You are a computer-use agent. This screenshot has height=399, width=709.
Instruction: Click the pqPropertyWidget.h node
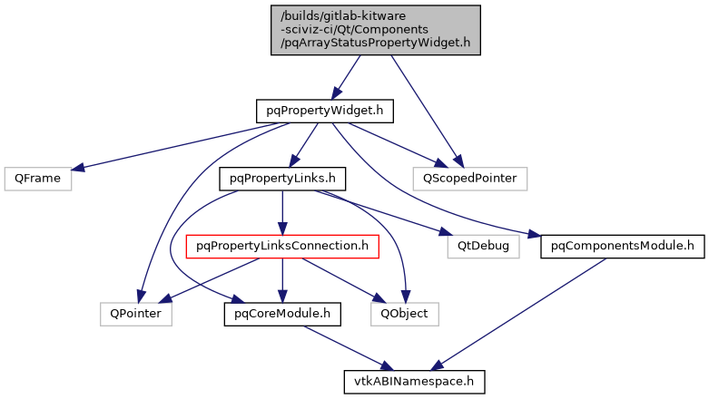(324, 112)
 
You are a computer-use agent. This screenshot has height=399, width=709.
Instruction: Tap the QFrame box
(37, 179)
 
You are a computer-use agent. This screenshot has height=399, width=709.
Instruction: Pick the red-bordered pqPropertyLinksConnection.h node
(281, 246)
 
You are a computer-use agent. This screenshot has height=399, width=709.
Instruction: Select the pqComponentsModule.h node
(617, 246)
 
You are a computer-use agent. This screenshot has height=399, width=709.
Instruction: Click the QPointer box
(135, 314)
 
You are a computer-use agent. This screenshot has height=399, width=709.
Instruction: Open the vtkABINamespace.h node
(414, 381)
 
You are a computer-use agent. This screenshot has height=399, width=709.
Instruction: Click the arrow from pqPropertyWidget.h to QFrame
(172, 147)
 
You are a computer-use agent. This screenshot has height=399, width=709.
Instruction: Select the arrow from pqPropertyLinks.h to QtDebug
(399, 218)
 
